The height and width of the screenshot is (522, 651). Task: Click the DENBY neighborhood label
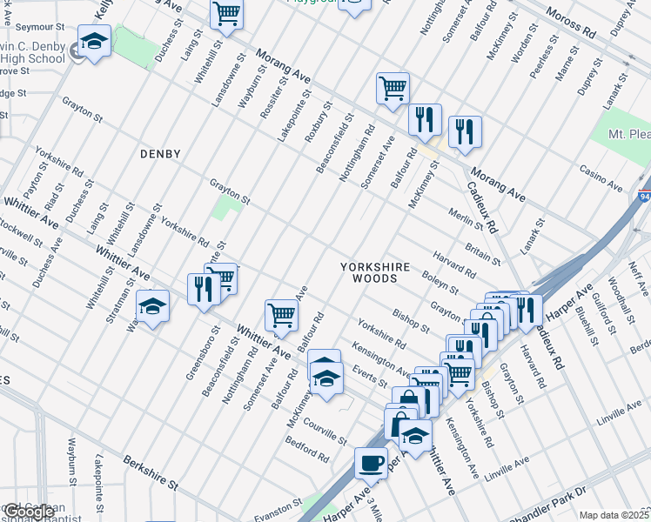pyautogui.click(x=160, y=154)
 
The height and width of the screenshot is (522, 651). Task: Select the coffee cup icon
pyautogui.click(x=372, y=463)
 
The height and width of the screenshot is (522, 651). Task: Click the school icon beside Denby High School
pyautogui.click(x=94, y=41)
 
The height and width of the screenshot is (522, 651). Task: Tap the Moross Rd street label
pyautogui.click(x=571, y=26)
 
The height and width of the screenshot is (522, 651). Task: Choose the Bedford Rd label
pyautogui.click(x=308, y=448)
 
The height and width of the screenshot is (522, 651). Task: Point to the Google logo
pyautogui.click(x=29, y=512)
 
